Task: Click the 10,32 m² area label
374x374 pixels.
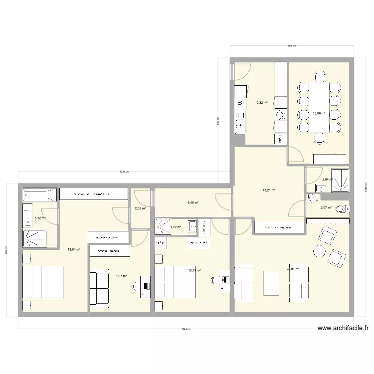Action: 261,103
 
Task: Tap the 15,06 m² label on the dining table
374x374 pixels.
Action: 319,113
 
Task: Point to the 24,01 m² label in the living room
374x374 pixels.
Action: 293,269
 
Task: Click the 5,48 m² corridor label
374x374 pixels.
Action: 193,202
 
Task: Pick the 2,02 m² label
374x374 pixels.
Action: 140,208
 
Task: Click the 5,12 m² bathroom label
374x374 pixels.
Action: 40,218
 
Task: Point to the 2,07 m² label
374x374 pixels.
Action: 326,208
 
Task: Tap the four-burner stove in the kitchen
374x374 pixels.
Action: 280,116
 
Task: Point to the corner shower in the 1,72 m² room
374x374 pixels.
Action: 163,227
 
